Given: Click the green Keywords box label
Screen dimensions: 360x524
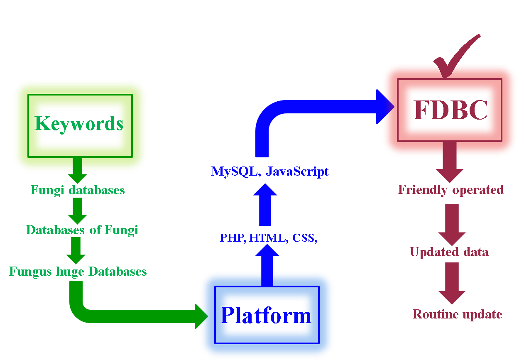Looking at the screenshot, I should [79, 124].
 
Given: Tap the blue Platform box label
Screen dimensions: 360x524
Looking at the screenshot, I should [266, 315].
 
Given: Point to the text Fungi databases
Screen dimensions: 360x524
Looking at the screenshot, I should [78, 190].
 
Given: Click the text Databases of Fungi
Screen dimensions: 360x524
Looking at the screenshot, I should [82, 230].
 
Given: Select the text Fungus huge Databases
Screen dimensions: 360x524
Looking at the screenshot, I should [78, 272].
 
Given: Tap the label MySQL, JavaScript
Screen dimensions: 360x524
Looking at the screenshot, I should [270, 171].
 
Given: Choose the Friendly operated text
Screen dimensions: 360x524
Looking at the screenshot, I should [451, 190].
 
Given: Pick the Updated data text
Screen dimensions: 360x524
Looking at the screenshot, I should [449, 252].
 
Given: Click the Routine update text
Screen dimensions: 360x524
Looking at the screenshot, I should [457, 314].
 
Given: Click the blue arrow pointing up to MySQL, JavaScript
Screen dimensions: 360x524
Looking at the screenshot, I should [265, 206].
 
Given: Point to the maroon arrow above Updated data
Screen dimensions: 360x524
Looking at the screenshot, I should [452, 224].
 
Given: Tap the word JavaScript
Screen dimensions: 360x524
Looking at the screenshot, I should [297, 171].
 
